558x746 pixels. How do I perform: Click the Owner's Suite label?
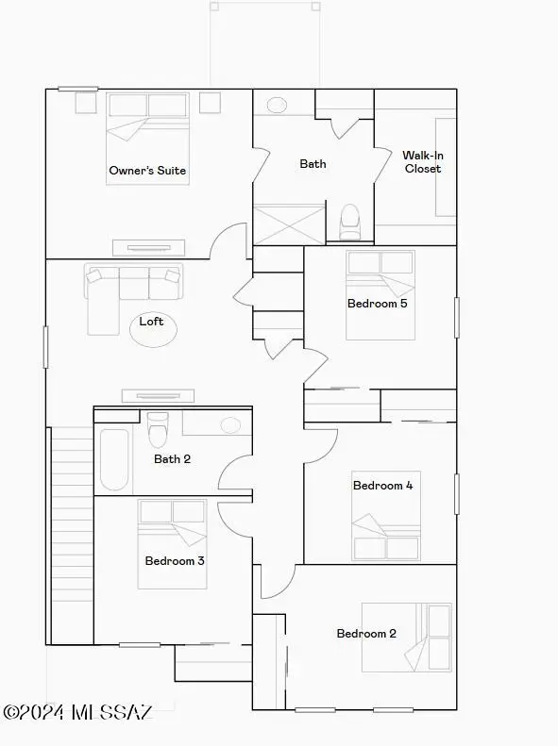click(x=147, y=171)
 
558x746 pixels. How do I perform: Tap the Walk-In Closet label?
click(x=422, y=162)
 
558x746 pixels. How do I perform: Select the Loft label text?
click(x=151, y=322)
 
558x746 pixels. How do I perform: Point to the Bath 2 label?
click(x=172, y=459)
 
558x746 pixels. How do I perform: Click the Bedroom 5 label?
click(x=377, y=304)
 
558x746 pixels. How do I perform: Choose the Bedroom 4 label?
click(x=382, y=486)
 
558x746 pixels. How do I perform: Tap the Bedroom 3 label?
click(x=175, y=561)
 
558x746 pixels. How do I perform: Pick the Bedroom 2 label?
click(x=366, y=634)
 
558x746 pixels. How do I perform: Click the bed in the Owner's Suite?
click(x=147, y=128)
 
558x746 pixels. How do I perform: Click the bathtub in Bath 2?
click(x=114, y=459)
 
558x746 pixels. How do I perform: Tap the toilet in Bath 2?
click(x=159, y=429)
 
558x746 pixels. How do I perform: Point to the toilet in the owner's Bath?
click(x=350, y=221)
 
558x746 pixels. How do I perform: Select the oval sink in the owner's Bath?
click(x=278, y=105)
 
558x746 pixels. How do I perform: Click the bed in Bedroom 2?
click(x=408, y=638)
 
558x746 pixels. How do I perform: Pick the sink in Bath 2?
click(x=231, y=424)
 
